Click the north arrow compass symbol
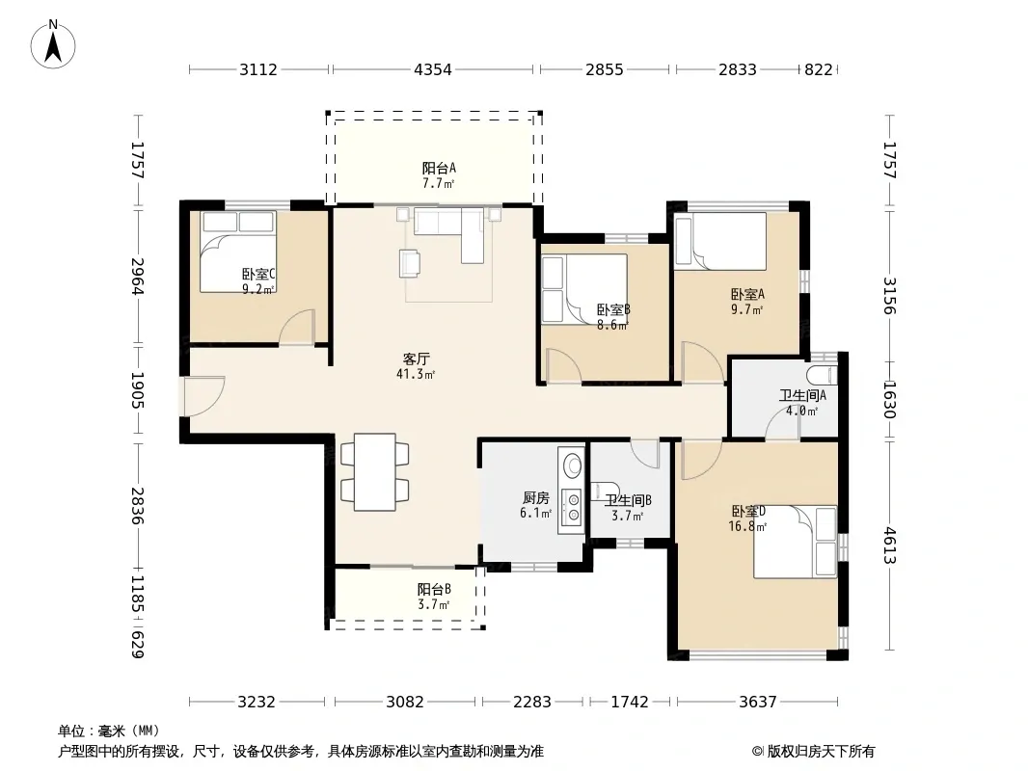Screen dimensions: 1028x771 (x=53, y=44)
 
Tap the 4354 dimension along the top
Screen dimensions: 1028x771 (x=433, y=69)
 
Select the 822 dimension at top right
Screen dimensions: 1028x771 (x=818, y=69)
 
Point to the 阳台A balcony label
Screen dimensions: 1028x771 (x=439, y=169)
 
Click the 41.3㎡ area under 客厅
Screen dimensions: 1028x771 (x=416, y=375)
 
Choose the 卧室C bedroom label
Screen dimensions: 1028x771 (x=258, y=275)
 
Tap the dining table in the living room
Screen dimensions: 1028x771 (x=375, y=472)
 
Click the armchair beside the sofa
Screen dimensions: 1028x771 (x=411, y=263)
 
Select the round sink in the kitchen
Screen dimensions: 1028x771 (x=573, y=465)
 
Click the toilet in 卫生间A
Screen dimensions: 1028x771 (x=823, y=376)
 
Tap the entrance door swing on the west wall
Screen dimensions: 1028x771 (x=203, y=396)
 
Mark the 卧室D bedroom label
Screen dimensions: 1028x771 (x=748, y=511)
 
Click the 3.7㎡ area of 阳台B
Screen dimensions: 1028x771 (x=433, y=604)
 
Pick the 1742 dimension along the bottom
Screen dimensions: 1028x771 (x=630, y=703)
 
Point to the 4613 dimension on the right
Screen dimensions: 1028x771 (x=889, y=545)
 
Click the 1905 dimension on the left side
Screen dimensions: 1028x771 (x=136, y=390)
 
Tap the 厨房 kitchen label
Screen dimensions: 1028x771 (x=536, y=498)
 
